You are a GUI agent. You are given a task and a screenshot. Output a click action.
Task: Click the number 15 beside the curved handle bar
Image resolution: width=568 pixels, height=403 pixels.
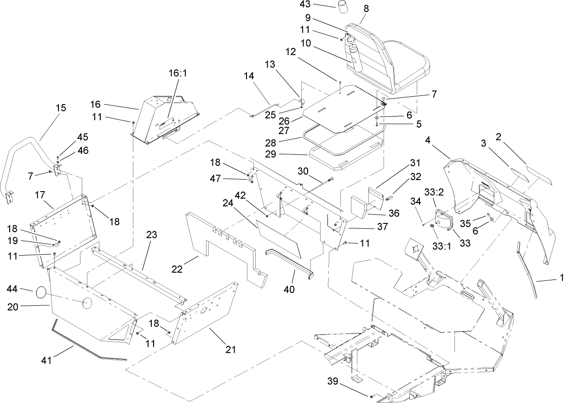tap(61, 108)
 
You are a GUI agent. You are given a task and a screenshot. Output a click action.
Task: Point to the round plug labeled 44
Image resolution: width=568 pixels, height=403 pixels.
tap(40, 292)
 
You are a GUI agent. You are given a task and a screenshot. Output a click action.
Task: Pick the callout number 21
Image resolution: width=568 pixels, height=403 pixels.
tap(230, 350)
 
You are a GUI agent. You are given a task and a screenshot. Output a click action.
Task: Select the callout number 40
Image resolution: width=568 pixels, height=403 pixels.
tap(290, 289)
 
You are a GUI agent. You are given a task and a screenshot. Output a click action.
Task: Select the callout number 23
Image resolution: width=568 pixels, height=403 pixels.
tap(152, 235)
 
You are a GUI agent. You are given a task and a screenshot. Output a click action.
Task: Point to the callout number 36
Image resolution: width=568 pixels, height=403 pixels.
tap(393, 213)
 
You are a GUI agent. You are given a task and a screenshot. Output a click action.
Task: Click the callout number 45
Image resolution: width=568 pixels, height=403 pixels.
tap(83, 137)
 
